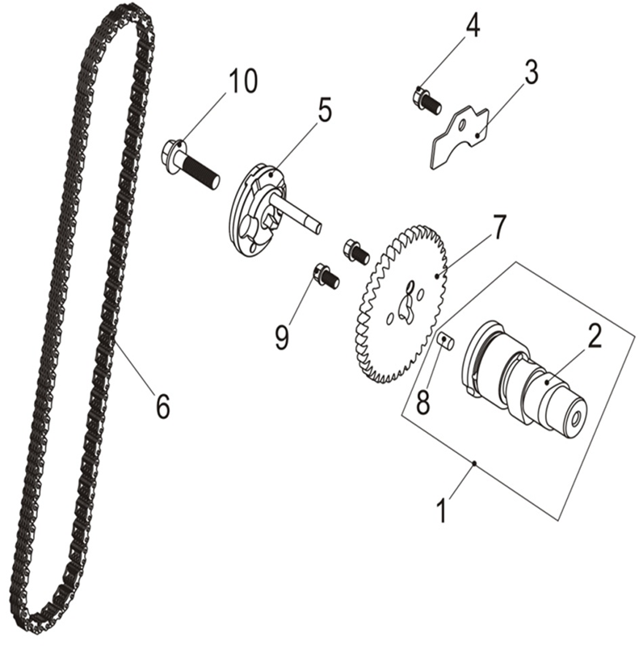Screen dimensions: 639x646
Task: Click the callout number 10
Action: [243, 81]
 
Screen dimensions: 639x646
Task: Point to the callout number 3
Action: [531, 73]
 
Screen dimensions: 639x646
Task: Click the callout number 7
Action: [498, 227]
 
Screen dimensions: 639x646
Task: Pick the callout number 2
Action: [594, 336]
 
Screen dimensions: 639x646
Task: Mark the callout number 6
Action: [162, 406]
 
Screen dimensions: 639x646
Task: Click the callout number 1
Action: [442, 510]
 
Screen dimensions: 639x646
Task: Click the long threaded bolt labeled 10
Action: [190, 164]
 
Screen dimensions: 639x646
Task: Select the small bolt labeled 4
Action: [427, 100]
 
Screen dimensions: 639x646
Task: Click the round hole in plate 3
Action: [463, 124]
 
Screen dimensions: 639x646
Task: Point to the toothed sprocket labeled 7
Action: [400, 302]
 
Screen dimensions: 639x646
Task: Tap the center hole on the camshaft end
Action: [575, 418]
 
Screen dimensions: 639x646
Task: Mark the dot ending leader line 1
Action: [474, 464]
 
